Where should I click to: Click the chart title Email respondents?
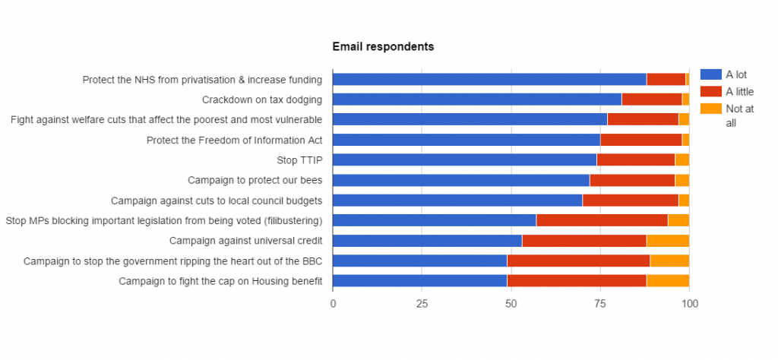pyautogui.click(x=383, y=47)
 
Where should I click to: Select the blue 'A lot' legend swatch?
pyautogui.click(x=710, y=74)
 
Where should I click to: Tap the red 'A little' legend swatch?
pyautogui.click(x=710, y=91)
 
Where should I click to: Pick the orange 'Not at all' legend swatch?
pyautogui.click(x=710, y=109)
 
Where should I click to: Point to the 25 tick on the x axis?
pyautogui.click(x=422, y=305)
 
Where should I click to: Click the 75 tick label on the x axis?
pyautogui.click(x=600, y=305)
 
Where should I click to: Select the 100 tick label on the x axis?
pyautogui.click(x=689, y=305)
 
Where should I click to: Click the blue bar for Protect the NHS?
pyautogui.click(x=489, y=79)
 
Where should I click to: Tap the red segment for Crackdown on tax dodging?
pyautogui.click(x=652, y=99)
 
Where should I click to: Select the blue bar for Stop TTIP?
pyautogui.click(x=464, y=159)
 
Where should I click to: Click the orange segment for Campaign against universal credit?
pyautogui.click(x=668, y=241)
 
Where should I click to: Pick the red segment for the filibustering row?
pyautogui.click(x=602, y=220)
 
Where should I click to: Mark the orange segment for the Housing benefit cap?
pyautogui.click(x=668, y=281)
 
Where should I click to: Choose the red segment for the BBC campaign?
pyautogui.click(x=578, y=261)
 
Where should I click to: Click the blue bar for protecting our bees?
pyautogui.click(x=460, y=180)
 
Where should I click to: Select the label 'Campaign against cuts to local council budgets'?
pyautogui.click(x=217, y=201)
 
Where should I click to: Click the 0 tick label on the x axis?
pyautogui.click(x=333, y=305)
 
